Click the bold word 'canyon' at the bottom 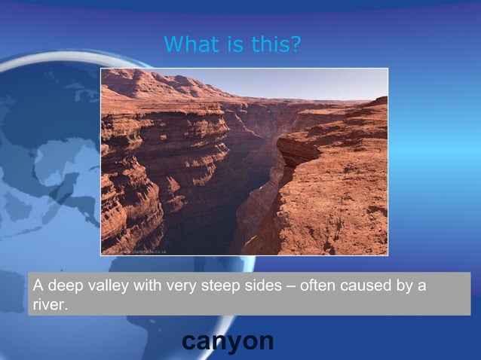click(x=228, y=340)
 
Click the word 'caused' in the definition click(x=369, y=286)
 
